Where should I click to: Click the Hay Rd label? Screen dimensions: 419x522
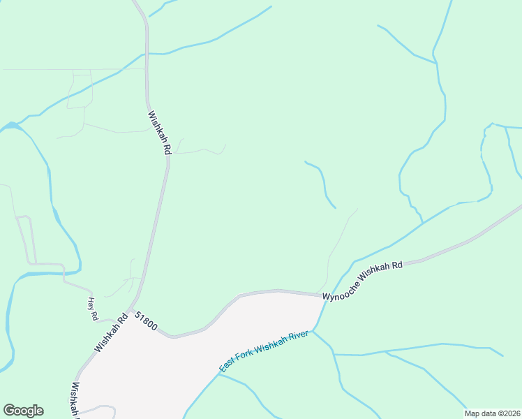click(x=93, y=308)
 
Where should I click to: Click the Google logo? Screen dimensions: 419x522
click(x=23, y=411)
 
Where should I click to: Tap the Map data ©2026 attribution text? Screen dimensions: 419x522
click(x=493, y=413)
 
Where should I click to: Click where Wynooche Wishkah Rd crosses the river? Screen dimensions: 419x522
click(x=325, y=297)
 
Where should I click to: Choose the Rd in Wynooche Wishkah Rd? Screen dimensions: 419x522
click(x=398, y=265)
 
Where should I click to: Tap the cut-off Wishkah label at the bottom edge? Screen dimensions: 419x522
click(x=74, y=399)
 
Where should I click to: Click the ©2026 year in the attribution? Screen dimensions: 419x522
click(x=507, y=413)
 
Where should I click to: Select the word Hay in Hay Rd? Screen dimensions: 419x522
click(x=91, y=304)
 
